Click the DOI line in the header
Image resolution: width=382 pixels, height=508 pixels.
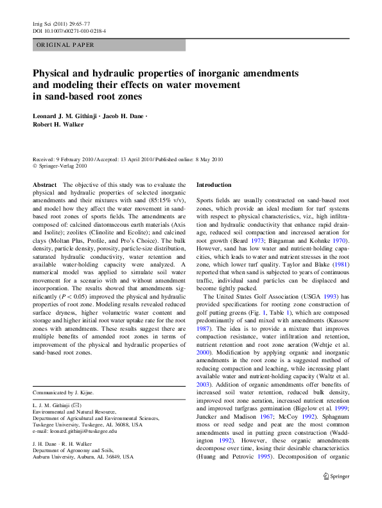(x=69, y=30)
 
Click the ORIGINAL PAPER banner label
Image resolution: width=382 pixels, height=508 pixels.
(x=65, y=45)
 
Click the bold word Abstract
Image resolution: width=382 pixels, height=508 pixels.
(x=44, y=184)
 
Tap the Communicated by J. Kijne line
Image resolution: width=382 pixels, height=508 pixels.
(x=63, y=392)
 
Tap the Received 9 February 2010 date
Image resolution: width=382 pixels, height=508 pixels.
(x=65, y=159)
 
